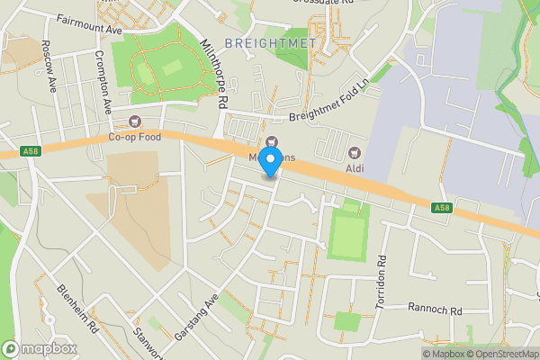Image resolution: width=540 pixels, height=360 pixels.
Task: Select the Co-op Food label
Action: (135, 137)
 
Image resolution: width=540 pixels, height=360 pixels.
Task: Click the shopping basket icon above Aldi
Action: (354, 151)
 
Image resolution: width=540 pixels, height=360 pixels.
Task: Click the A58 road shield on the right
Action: (441, 209)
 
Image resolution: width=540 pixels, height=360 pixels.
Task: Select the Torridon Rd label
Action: (382, 271)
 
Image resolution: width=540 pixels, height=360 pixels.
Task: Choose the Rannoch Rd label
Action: (434, 310)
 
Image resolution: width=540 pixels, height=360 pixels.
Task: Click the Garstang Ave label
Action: (199, 318)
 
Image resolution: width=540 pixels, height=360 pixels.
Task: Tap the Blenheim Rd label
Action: (77, 310)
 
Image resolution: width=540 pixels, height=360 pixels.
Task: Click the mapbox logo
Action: (39, 348)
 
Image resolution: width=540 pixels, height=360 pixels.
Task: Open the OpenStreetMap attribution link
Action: (501, 354)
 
